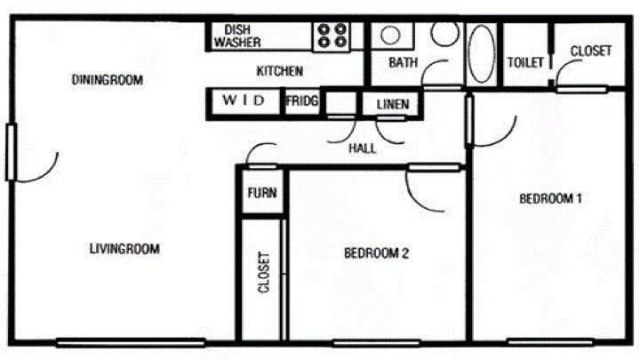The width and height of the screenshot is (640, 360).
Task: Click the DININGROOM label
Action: pos(108,80)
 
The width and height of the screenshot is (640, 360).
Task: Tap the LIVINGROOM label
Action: pos(124,249)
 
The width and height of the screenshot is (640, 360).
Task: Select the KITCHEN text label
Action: pos(280,70)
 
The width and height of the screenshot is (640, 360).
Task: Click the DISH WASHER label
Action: pos(236,36)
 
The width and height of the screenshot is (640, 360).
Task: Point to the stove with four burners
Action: pos(333,36)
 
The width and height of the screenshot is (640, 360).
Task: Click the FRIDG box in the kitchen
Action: pos(302,101)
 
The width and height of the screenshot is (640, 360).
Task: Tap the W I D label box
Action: pos(244,101)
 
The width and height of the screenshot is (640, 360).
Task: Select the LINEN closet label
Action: pos(392,105)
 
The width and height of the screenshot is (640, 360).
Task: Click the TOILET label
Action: pos(525,62)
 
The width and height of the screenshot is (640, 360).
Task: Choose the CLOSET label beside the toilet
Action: pos(590,51)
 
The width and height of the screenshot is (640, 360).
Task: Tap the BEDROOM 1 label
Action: pos(550,198)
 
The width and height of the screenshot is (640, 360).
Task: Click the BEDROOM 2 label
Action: pos(376,253)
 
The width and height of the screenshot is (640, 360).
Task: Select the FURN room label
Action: pos(260,193)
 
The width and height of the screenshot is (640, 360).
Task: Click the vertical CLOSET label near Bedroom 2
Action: pos(264,274)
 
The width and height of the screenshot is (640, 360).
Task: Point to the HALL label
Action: pos(362,148)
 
